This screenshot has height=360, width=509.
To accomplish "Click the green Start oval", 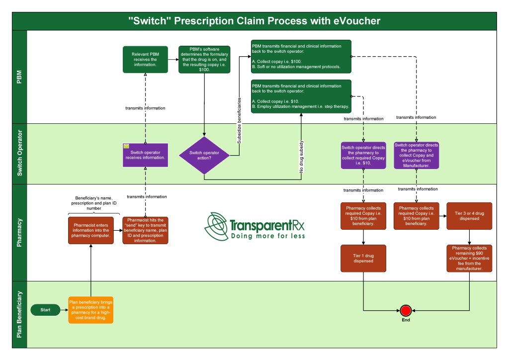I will tap(45, 310).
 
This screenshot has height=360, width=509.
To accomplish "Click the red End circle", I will tap(406, 310).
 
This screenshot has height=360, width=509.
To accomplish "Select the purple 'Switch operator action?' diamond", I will tap(204, 155).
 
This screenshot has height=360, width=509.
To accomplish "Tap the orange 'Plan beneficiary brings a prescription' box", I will tap(91, 310).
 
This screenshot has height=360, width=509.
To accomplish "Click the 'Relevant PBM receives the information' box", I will tap(145, 60).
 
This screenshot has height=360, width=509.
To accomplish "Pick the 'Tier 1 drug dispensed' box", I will tap(363, 258).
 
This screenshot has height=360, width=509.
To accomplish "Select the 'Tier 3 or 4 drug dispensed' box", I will tap(469, 216).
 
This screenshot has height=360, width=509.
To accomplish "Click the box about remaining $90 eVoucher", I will tap(469, 258).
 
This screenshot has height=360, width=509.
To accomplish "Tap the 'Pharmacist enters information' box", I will tap(91, 230).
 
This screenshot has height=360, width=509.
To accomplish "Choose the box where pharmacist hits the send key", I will tap(145, 230).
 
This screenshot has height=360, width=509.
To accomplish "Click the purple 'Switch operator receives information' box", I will tap(145, 155).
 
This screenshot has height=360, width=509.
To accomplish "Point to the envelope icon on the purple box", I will tap(126, 147).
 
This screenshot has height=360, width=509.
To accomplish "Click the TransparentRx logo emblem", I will tap(216, 226).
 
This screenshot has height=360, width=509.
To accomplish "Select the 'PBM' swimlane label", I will tap(19, 77).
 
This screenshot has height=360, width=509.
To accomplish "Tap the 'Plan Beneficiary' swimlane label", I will tap(19, 314).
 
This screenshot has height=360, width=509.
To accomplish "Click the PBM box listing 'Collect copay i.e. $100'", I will tap(301, 56).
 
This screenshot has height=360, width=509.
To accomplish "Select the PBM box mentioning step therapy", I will tap(301, 96).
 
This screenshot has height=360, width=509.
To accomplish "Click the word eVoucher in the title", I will tap(353, 21).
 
